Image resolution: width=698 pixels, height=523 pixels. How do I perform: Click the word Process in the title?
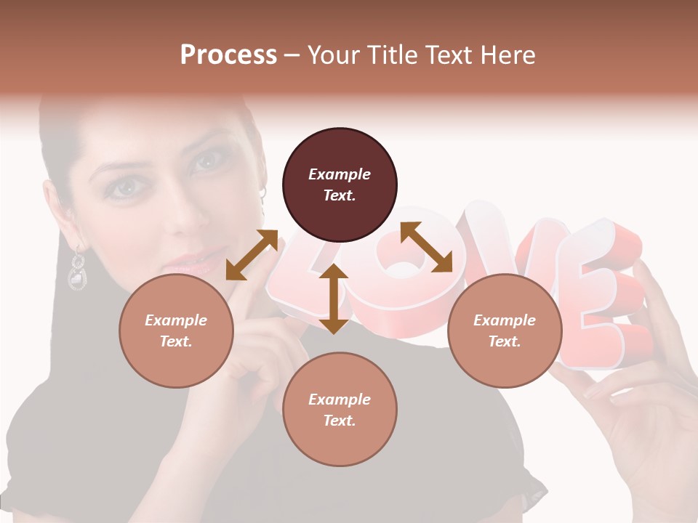click(228, 55)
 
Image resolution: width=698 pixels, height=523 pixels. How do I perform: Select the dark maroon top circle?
click(340, 185)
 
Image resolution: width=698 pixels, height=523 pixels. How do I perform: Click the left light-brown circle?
click(176, 331)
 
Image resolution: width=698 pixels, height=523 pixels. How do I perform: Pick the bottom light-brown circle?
click(340, 410)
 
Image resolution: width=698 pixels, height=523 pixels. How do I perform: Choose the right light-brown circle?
click(505, 331)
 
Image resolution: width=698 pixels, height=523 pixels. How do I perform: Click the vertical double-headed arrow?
click(334, 299)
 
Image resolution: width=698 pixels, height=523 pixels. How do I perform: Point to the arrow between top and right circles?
click(426, 247)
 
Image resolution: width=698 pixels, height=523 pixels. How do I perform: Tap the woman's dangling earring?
click(77, 269)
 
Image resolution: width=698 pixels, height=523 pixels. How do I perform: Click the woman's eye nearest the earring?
click(124, 187)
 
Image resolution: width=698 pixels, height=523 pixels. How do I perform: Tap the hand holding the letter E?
click(640, 407)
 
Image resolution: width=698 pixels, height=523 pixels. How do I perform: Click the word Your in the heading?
click(334, 55)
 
